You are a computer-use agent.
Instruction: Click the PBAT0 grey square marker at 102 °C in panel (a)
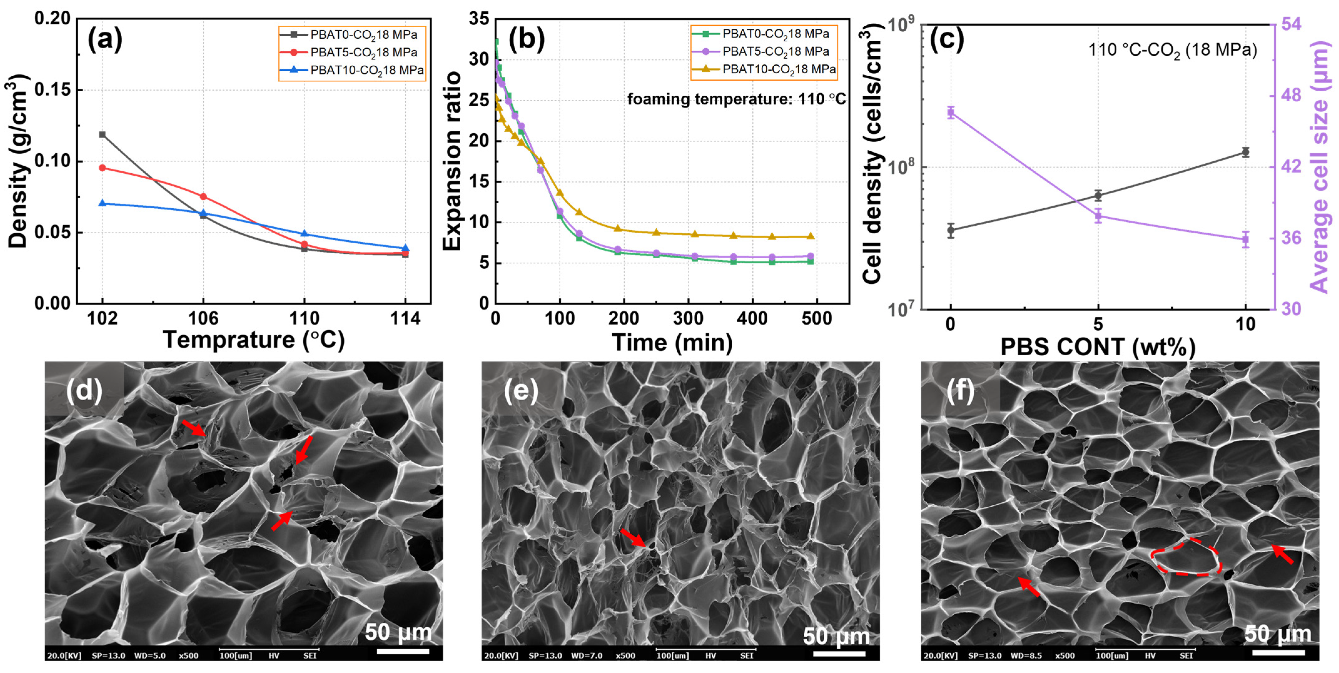tap(102, 134)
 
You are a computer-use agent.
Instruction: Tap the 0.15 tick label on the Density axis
tap(52, 90)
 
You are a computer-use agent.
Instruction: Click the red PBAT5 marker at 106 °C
tap(203, 196)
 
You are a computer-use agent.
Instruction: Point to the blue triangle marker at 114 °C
tap(406, 248)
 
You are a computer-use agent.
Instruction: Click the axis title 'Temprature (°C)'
tap(254, 340)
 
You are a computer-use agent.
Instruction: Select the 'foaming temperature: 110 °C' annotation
tap(736, 99)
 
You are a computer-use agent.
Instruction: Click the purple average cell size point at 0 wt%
tap(951, 112)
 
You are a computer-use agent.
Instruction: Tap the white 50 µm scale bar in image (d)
tap(403, 651)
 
